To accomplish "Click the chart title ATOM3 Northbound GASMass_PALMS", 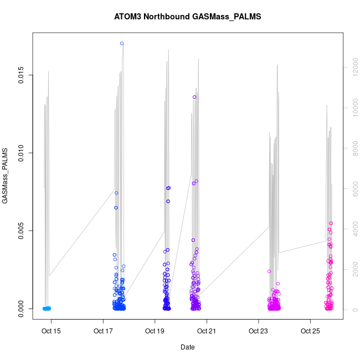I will click(x=187, y=17).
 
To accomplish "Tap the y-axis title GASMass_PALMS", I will click(x=6, y=176).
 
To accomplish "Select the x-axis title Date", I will click(x=187, y=347).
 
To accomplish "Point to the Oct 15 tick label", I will click(x=52, y=332).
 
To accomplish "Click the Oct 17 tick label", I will click(x=104, y=332).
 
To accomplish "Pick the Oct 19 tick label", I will click(x=155, y=332).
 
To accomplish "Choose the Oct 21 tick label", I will click(x=207, y=332).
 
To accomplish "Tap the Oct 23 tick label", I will click(x=259, y=332).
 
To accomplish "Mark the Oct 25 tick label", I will click(x=310, y=332).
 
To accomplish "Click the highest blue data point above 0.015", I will click(x=122, y=43).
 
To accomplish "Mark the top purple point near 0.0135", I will click(x=194, y=97).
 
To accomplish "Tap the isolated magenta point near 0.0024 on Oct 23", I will click(x=269, y=271).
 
